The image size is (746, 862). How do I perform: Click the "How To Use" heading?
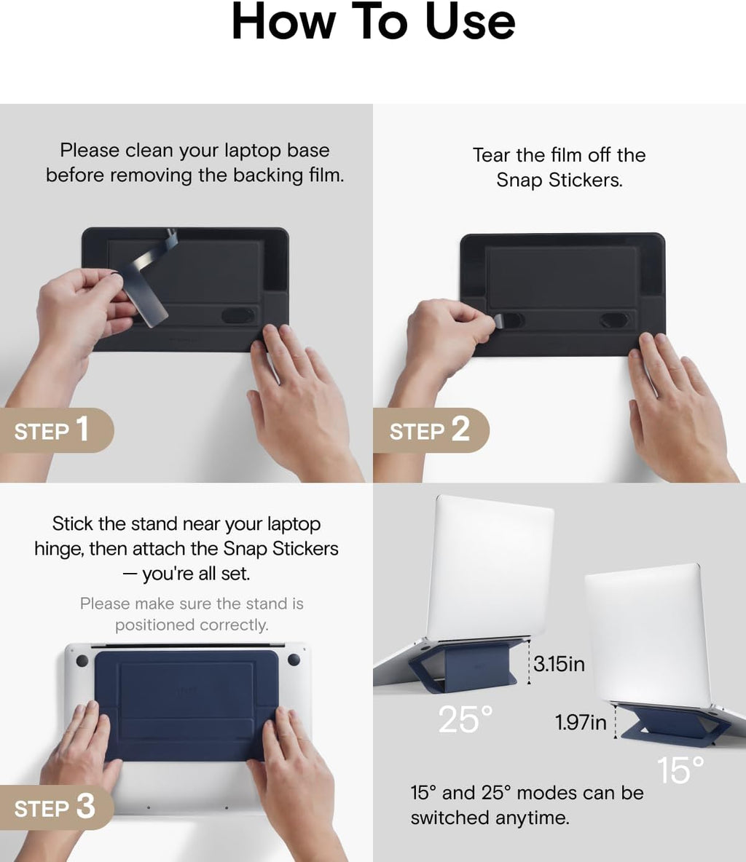point(373,21)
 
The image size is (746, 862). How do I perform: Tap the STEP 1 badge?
point(56,430)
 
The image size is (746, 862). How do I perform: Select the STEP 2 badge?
point(431,430)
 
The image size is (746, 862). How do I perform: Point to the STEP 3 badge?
point(56,807)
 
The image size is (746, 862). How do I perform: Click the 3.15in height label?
point(559,663)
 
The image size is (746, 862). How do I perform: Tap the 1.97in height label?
point(581,721)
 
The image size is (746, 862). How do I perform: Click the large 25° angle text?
point(465,719)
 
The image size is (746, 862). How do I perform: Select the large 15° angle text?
point(680,770)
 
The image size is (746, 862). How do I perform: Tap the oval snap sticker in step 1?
point(238,315)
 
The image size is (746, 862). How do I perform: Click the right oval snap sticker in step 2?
point(615,320)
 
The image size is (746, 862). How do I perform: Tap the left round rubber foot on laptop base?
point(82,661)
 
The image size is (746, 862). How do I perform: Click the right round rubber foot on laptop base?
point(294,660)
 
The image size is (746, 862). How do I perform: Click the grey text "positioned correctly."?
point(192,625)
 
